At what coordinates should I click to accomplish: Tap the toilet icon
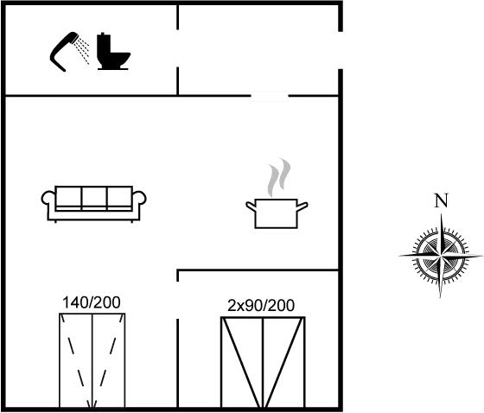115,52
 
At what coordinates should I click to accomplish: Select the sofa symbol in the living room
92,201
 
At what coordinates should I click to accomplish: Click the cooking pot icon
277,213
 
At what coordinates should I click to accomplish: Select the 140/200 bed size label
92,302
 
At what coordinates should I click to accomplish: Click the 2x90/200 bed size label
262,304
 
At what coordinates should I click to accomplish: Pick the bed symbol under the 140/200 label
92,360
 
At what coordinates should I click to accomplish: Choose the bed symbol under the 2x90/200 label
263,361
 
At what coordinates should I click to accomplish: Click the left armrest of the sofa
48,200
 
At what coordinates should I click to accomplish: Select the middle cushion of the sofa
92,197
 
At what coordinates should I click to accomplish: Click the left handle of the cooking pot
251,205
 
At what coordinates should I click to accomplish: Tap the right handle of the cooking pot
303,205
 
